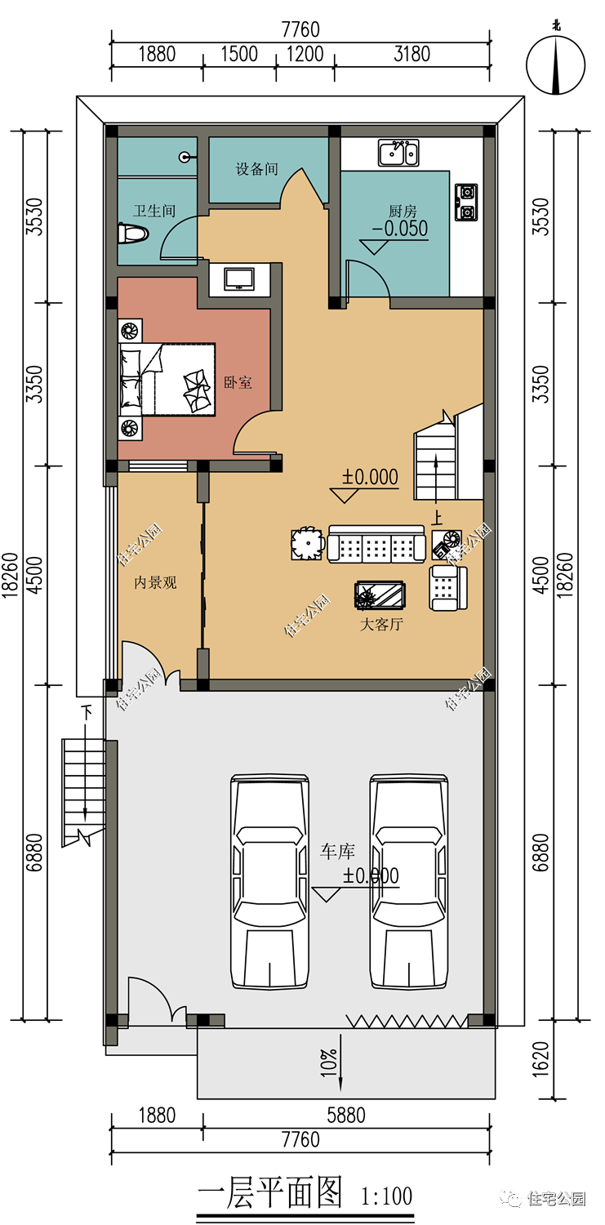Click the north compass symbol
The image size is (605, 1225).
555,64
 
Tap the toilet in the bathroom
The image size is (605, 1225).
133,234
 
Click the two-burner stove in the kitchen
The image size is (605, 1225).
466,203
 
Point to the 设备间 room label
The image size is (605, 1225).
257,169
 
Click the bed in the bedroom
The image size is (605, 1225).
167,379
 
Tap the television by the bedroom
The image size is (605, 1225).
239,279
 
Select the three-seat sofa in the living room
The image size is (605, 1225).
376,544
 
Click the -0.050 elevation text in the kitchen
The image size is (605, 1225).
400,229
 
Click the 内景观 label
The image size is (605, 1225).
156,582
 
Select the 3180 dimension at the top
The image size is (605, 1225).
412,54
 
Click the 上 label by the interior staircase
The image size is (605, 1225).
438,517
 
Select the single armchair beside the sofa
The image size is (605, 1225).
448,588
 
